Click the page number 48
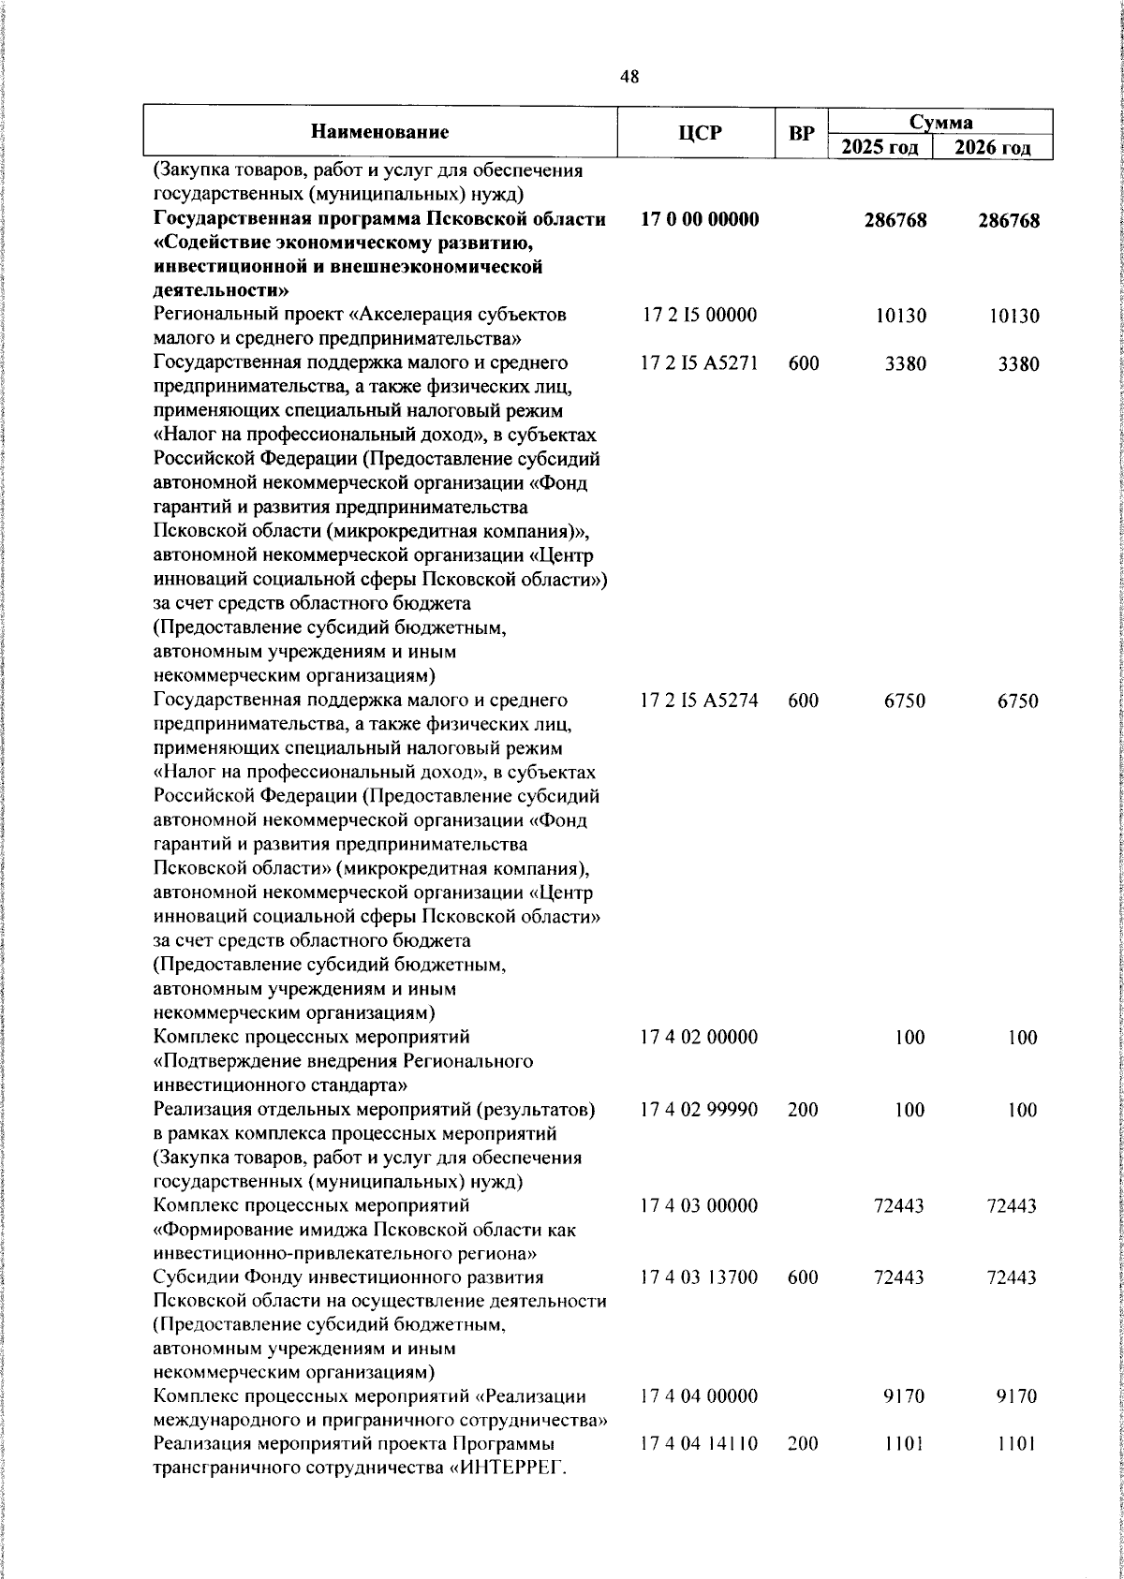[629, 78]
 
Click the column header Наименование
[380, 132]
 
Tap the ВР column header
[801, 133]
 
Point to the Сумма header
[940, 122]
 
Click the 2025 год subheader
[879, 147]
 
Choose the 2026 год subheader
[993, 147]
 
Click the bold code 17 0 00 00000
[700, 219]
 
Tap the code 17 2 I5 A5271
[700, 363]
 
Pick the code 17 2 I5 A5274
[700, 701]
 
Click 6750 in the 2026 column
[1016, 701]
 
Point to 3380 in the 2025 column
[905, 363]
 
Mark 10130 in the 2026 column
[1013, 316]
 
